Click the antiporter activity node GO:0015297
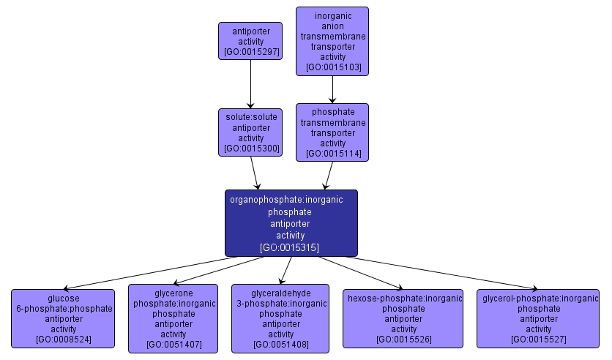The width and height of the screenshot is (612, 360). click(x=250, y=41)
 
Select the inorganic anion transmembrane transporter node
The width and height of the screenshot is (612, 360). click(x=332, y=41)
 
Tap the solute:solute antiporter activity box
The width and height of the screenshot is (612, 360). click(x=250, y=132)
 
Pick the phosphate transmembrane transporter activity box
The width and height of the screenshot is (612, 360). click(x=332, y=132)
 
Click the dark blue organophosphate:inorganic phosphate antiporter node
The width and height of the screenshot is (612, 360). click(x=291, y=222)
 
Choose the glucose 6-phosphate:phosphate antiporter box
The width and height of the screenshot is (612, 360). click(x=63, y=318)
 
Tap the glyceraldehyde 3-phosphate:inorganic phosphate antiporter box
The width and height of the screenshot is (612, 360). click(x=281, y=318)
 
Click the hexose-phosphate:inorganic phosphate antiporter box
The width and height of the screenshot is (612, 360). click(x=403, y=318)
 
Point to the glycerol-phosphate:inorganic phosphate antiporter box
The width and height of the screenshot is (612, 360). click(x=538, y=318)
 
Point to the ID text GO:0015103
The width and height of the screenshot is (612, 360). click(x=333, y=67)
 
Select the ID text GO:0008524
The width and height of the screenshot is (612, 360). click(x=63, y=340)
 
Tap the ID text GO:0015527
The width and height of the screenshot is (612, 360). click(x=538, y=340)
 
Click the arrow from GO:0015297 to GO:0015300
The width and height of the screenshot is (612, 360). click(x=250, y=84)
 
